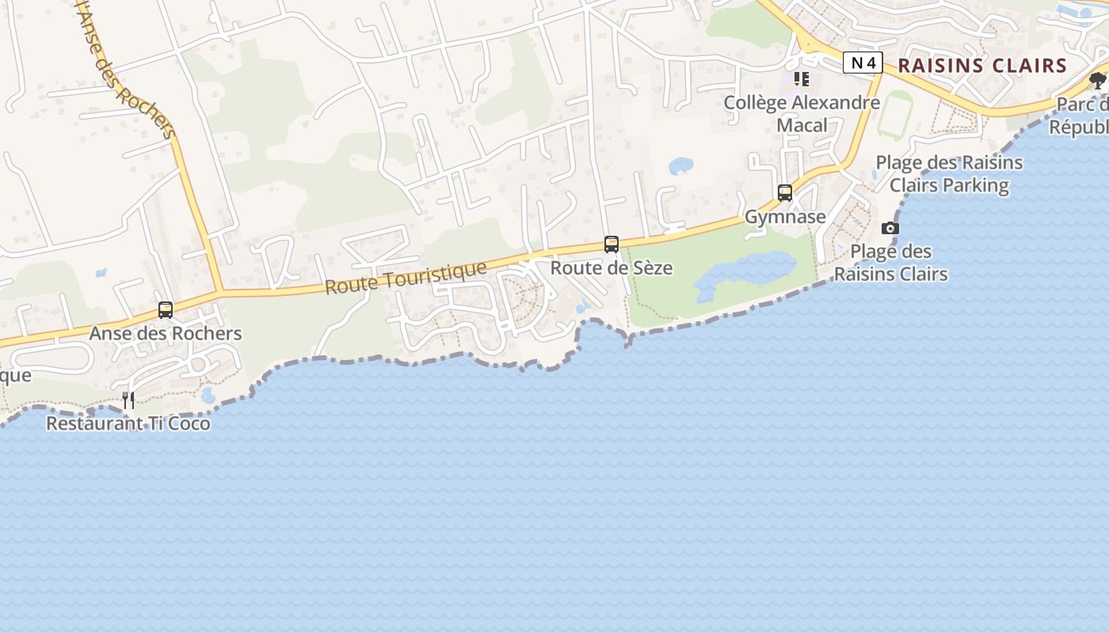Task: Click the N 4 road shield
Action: [863, 63]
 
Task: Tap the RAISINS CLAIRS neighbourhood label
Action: [983, 66]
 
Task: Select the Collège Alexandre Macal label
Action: [802, 113]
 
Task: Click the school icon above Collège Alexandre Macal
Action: [802, 79]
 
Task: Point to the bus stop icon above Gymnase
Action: [785, 193]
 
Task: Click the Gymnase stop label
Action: [785, 217]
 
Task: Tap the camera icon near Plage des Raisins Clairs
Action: [890, 229]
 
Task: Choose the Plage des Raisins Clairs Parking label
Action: [949, 174]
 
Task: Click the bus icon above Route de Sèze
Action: [612, 244]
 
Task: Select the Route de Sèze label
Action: [612, 268]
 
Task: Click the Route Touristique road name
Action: [406, 278]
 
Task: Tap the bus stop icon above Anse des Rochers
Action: [166, 310]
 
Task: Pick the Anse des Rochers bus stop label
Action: [166, 333]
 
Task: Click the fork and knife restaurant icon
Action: [128, 400]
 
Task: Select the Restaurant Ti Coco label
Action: [128, 423]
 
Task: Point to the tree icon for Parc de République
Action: [1098, 80]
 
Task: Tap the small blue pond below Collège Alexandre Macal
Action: [681, 166]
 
